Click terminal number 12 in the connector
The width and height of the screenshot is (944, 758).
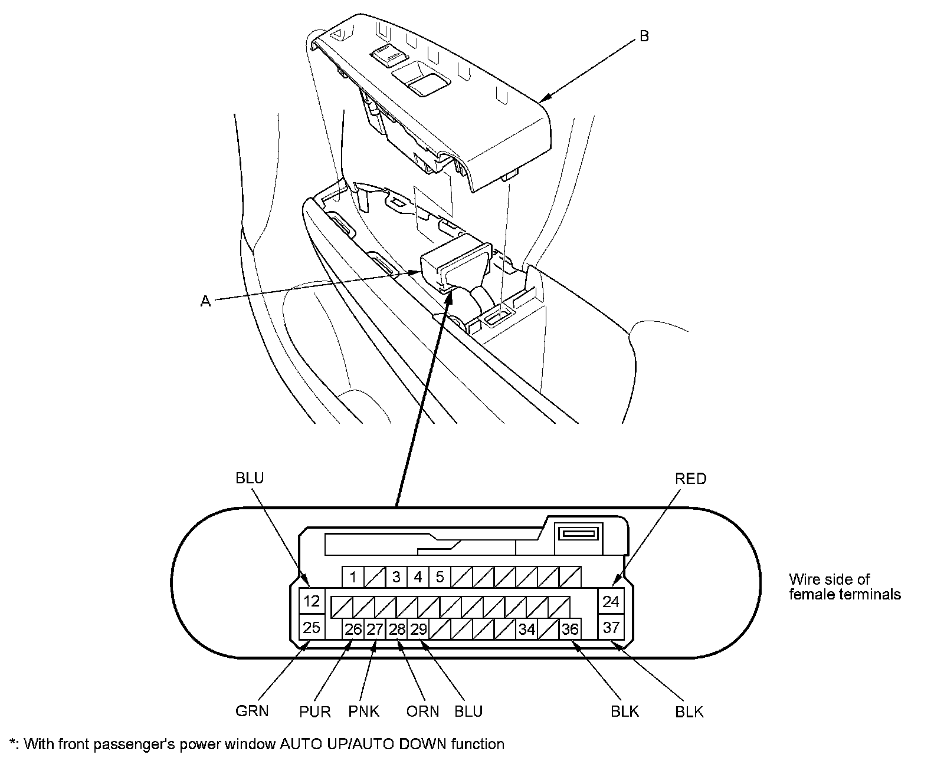click(312, 601)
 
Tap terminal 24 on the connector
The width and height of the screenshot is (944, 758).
click(611, 601)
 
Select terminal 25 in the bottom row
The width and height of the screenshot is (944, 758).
click(312, 627)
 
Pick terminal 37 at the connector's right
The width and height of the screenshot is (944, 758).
click(611, 627)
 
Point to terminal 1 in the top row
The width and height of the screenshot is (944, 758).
click(353, 576)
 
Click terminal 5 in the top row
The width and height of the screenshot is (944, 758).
click(440, 576)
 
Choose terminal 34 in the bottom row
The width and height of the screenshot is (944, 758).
click(526, 629)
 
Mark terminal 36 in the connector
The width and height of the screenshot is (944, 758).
click(569, 629)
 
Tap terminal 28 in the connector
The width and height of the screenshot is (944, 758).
click(397, 629)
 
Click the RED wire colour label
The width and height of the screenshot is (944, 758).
click(690, 479)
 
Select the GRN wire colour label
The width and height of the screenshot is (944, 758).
click(252, 711)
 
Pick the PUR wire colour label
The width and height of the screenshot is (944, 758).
click(315, 712)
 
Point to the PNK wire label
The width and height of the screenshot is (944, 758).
click(363, 712)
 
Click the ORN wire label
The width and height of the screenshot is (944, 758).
click(422, 712)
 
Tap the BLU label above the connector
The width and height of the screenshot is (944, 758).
click(250, 477)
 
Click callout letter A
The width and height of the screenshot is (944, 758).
click(205, 301)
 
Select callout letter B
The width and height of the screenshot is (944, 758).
click(644, 36)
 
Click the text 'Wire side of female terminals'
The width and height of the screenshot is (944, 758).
click(845, 586)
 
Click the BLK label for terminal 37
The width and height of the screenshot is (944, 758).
click(689, 712)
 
